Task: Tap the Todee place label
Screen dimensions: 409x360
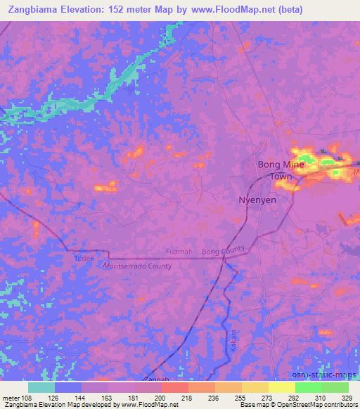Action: pos(84,259)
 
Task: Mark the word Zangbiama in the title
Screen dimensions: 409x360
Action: pos(32,10)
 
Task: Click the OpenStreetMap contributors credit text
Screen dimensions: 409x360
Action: pos(309,405)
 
